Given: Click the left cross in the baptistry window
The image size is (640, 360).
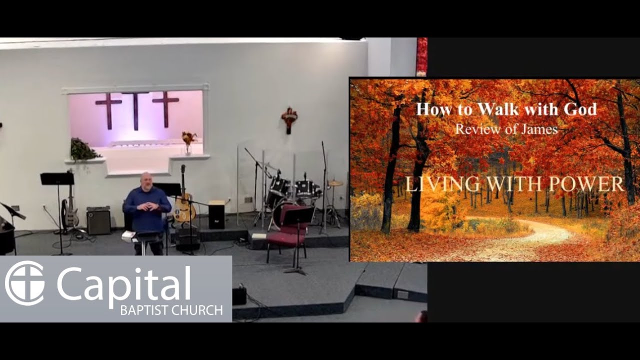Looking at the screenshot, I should [108, 109].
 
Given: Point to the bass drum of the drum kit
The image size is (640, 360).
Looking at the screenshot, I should [280, 212].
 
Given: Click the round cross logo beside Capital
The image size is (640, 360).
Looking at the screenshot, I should [24, 283].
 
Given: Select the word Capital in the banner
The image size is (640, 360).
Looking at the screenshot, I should [123, 283].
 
